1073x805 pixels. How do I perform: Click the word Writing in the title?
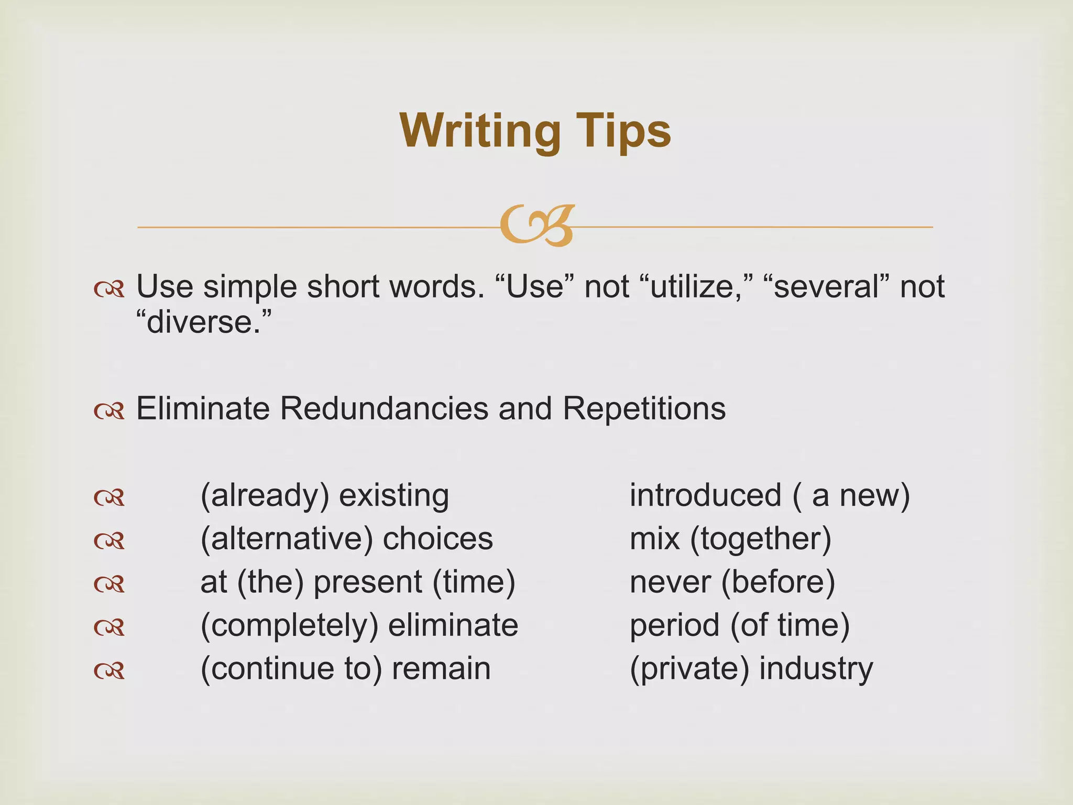[479, 131]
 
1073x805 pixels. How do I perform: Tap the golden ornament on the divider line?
[536, 225]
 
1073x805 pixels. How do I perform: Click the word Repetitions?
[644, 408]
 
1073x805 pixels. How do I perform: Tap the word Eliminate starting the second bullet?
[203, 408]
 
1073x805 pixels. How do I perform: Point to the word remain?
[441, 669]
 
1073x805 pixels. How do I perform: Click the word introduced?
[705, 496]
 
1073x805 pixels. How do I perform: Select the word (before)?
[778, 582]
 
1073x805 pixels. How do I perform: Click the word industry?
[816, 669]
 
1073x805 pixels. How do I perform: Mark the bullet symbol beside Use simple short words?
[109, 289]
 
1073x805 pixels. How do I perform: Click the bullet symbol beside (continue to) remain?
[109, 670]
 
